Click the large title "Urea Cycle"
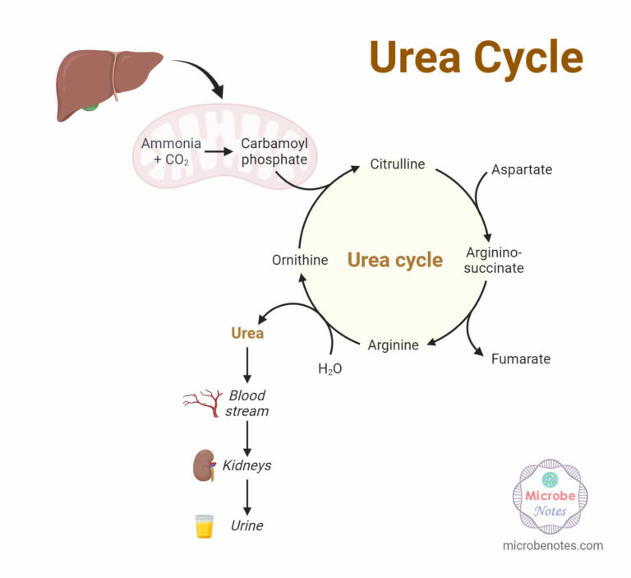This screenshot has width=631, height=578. pos(476,58)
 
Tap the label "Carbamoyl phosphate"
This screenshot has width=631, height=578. pos(274,151)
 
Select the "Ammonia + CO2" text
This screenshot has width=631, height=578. pos(171,151)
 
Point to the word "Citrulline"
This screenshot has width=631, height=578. pos(397,164)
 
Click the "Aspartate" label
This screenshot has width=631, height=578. pos(522,169)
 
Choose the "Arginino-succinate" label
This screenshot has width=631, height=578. pos(495,260)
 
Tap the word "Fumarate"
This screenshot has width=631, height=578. pos(520,358)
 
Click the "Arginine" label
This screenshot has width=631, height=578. pos(393,344)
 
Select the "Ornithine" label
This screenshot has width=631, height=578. pos(300,260)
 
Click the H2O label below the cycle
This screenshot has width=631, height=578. pos(329,369)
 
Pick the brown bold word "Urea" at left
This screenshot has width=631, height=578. pos(247,333)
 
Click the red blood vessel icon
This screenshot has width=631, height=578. pos(202,401)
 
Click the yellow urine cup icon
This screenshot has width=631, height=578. pos(204,526)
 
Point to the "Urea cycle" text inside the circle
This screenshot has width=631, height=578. pos(394,260)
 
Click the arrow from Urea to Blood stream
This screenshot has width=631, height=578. pos(247,364)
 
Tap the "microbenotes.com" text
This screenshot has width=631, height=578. pos(552,545)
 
